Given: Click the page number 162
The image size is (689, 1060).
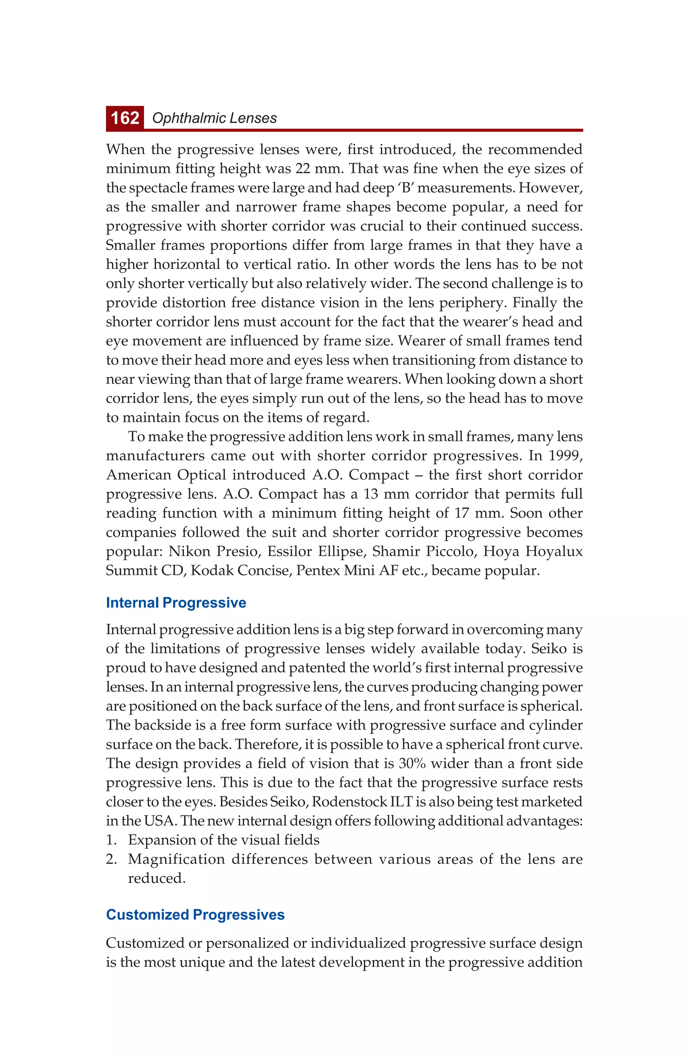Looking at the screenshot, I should pyautogui.click(x=125, y=118).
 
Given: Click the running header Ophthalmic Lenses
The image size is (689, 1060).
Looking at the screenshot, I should pyautogui.click(x=214, y=118).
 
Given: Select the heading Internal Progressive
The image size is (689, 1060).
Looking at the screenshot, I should pyautogui.click(x=176, y=603).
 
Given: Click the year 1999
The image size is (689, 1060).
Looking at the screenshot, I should pyautogui.click(x=565, y=456).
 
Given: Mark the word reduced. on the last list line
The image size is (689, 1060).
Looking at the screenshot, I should pyautogui.click(x=156, y=878).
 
